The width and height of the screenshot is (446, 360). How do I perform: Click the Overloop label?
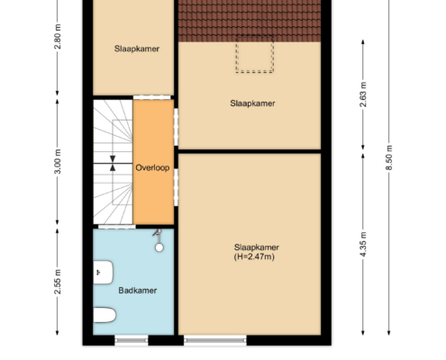152,167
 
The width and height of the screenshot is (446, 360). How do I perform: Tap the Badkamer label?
138,291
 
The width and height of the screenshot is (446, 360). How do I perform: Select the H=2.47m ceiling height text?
254,256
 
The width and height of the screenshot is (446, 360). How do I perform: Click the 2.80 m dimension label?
58,37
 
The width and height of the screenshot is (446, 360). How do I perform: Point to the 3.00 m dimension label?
58,161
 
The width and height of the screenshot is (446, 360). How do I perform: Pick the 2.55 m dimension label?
58,282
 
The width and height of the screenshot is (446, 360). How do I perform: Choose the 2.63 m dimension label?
363,94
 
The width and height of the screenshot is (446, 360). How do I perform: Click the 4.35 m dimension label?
363,244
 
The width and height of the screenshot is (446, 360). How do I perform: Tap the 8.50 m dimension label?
389,157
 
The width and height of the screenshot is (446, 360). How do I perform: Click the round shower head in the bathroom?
159,247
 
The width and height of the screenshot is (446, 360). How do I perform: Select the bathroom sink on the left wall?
103,273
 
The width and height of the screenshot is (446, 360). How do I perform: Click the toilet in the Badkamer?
105,315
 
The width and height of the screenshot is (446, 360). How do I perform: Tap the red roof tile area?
250,21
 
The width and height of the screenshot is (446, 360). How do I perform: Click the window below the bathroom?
132,340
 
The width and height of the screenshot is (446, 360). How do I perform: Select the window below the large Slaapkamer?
215,340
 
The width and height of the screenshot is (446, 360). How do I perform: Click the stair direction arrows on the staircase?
113,164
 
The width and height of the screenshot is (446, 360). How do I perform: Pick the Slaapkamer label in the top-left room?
137,49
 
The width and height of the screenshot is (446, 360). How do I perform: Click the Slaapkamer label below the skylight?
252,103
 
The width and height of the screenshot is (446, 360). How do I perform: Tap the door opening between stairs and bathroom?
117,227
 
